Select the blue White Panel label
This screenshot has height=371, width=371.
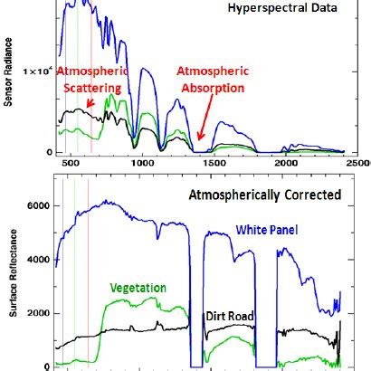(x=269, y=232)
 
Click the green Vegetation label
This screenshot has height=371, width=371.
(x=138, y=288)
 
